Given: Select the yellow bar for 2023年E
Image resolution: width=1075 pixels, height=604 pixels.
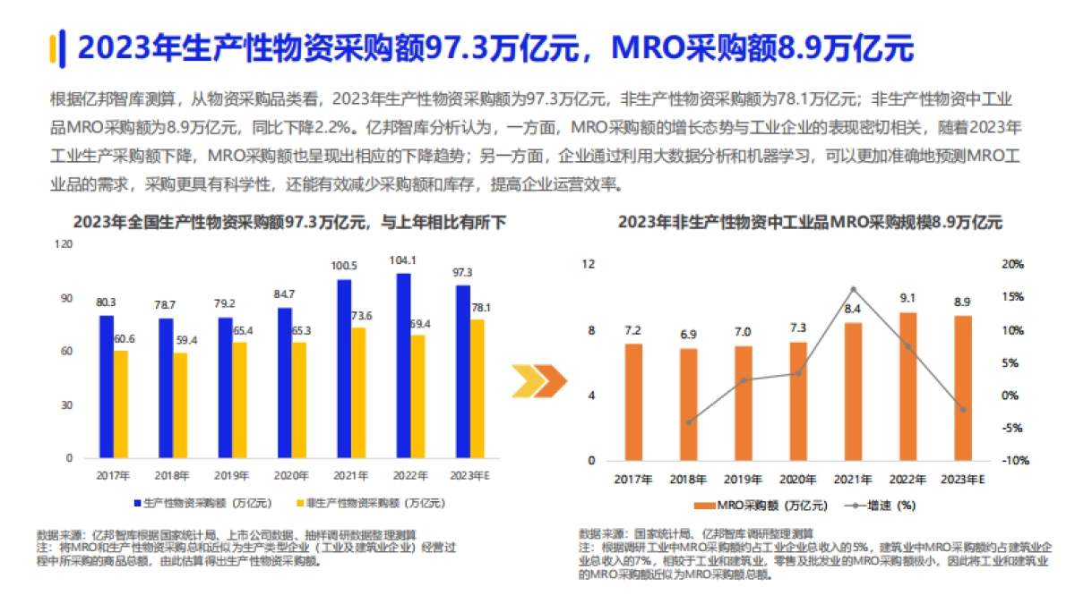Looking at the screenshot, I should pos(479,388).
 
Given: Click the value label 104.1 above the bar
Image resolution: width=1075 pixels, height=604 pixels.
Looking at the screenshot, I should pos(403,260).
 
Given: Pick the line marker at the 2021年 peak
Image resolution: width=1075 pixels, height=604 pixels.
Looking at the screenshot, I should pos(853,289).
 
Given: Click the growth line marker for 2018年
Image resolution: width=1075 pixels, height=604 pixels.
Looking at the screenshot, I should pos(689,422).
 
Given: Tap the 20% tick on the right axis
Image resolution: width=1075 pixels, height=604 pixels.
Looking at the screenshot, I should pos(1011,264).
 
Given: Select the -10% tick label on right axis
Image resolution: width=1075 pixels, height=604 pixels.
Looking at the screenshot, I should pos(1011,461).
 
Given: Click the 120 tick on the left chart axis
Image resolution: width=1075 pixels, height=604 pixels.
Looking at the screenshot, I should pos(64,243).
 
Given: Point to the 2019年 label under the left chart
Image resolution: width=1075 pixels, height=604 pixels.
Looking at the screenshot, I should pos(230,475).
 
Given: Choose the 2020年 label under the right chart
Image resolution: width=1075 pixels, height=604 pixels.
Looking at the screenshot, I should pos(798,480).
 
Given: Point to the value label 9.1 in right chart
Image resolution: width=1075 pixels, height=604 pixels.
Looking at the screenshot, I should pos(907,299).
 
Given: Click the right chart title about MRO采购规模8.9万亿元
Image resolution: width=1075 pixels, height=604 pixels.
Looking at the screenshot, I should pos(810,223).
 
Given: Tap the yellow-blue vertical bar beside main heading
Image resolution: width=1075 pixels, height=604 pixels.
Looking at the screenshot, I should pos(55,47).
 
